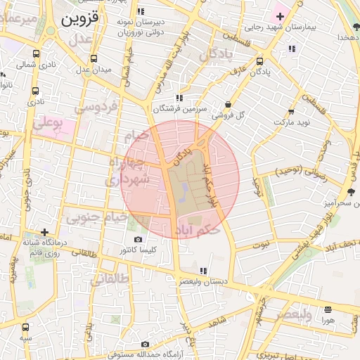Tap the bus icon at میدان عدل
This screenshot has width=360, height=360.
[94, 59]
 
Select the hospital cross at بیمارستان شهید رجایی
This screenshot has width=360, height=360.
[280, 15]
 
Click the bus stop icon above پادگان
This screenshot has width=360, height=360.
[260, 61]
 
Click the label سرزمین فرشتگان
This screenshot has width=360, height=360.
[181, 109]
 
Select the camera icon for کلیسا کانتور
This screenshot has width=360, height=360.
[137, 239]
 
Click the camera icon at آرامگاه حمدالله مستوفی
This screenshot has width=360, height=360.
[145, 344]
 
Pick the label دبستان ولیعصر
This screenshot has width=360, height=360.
[203, 281]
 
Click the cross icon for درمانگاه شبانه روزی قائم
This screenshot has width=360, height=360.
[44, 232]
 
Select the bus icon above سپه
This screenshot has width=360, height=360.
[26, 327]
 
